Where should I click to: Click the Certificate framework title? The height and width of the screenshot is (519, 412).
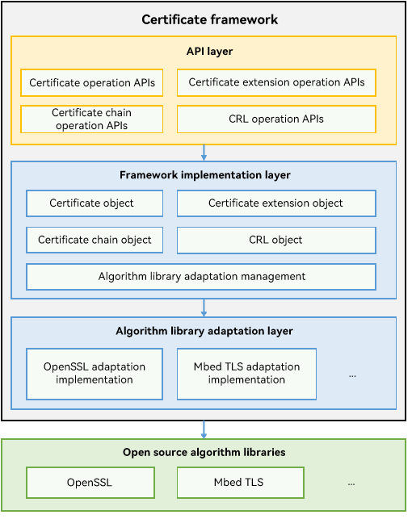[210, 19]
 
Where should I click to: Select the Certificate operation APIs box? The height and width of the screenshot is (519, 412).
[92, 83]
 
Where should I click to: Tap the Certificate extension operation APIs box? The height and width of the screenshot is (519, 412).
[276, 82]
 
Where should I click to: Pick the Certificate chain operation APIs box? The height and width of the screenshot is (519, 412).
[92, 119]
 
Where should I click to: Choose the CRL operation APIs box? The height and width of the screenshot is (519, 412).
[276, 119]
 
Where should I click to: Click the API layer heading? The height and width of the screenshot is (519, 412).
[210, 52]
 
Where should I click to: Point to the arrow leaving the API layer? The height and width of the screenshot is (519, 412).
[204, 153]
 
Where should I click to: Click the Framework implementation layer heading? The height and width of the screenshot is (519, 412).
[205, 175]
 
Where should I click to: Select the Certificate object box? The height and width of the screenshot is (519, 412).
[95, 203]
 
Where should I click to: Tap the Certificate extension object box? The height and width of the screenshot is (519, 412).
[276, 203]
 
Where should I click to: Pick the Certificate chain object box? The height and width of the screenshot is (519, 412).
[95, 240]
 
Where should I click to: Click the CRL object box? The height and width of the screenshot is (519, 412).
[276, 240]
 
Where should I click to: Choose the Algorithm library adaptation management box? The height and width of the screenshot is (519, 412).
[201, 277]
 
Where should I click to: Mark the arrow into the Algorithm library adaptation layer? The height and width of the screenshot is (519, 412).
[204, 308]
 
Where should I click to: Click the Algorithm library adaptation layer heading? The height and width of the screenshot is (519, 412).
[204, 331]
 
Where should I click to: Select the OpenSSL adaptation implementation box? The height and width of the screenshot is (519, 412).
[95, 374]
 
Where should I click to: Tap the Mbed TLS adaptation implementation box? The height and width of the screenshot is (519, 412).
[246, 374]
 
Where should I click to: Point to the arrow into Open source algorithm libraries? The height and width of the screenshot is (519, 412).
[204, 429]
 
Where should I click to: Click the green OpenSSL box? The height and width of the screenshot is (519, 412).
[90, 483]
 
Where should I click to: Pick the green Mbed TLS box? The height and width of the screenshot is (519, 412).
[241, 483]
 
